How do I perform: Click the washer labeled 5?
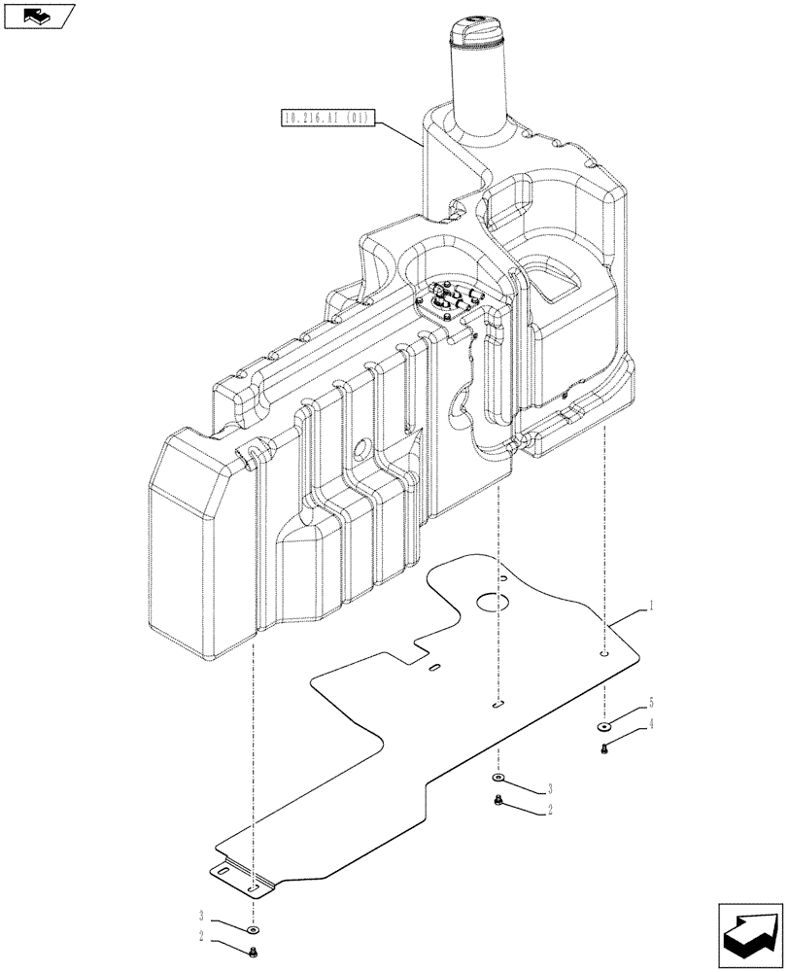[x=603, y=726]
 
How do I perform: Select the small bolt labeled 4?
[x=603, y=748]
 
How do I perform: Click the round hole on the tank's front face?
[x=363, y=449]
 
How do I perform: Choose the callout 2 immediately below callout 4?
[x=549, y=809]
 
